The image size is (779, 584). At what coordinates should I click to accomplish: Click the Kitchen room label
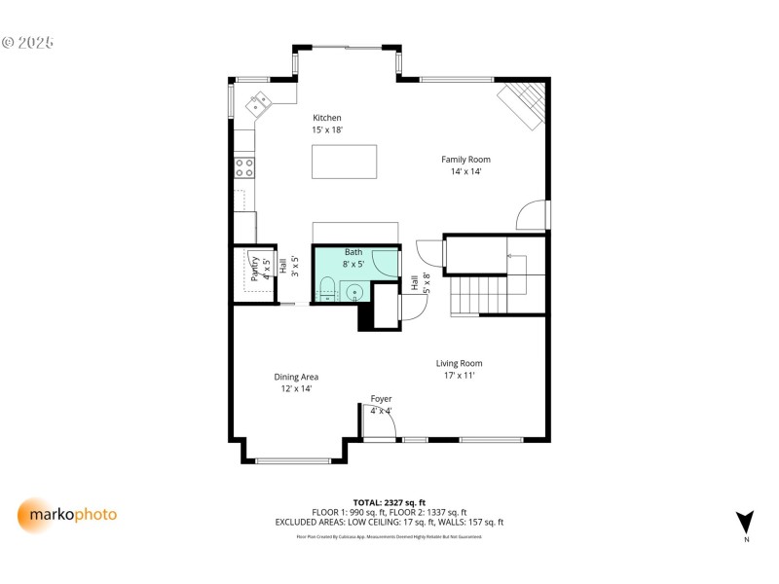(326, 118)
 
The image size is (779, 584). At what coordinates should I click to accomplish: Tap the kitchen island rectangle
(344, 161)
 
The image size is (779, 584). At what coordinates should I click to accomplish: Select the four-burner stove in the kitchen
(243, 167)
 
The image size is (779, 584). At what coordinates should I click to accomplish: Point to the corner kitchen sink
(260, 101)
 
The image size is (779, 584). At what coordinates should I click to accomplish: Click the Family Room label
(465, 160)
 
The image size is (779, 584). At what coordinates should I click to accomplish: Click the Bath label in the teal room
(352, 252)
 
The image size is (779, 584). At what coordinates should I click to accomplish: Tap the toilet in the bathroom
(327, 289)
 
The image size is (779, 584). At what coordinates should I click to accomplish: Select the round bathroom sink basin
(355, 290)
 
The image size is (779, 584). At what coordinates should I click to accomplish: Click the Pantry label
(255, 269)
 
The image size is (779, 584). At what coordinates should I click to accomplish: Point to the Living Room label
(459, 363)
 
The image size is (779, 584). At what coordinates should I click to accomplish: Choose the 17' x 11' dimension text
(459, 375)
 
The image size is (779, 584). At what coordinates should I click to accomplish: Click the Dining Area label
(296, 377)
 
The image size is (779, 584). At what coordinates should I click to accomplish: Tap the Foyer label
(381, 399)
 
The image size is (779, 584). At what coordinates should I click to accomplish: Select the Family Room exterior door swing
(532, 214)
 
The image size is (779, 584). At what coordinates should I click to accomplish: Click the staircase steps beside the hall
(477, 294)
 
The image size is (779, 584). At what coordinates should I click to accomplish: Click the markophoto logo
(67, 514)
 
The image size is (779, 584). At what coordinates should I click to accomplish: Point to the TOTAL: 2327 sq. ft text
(389, 502)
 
